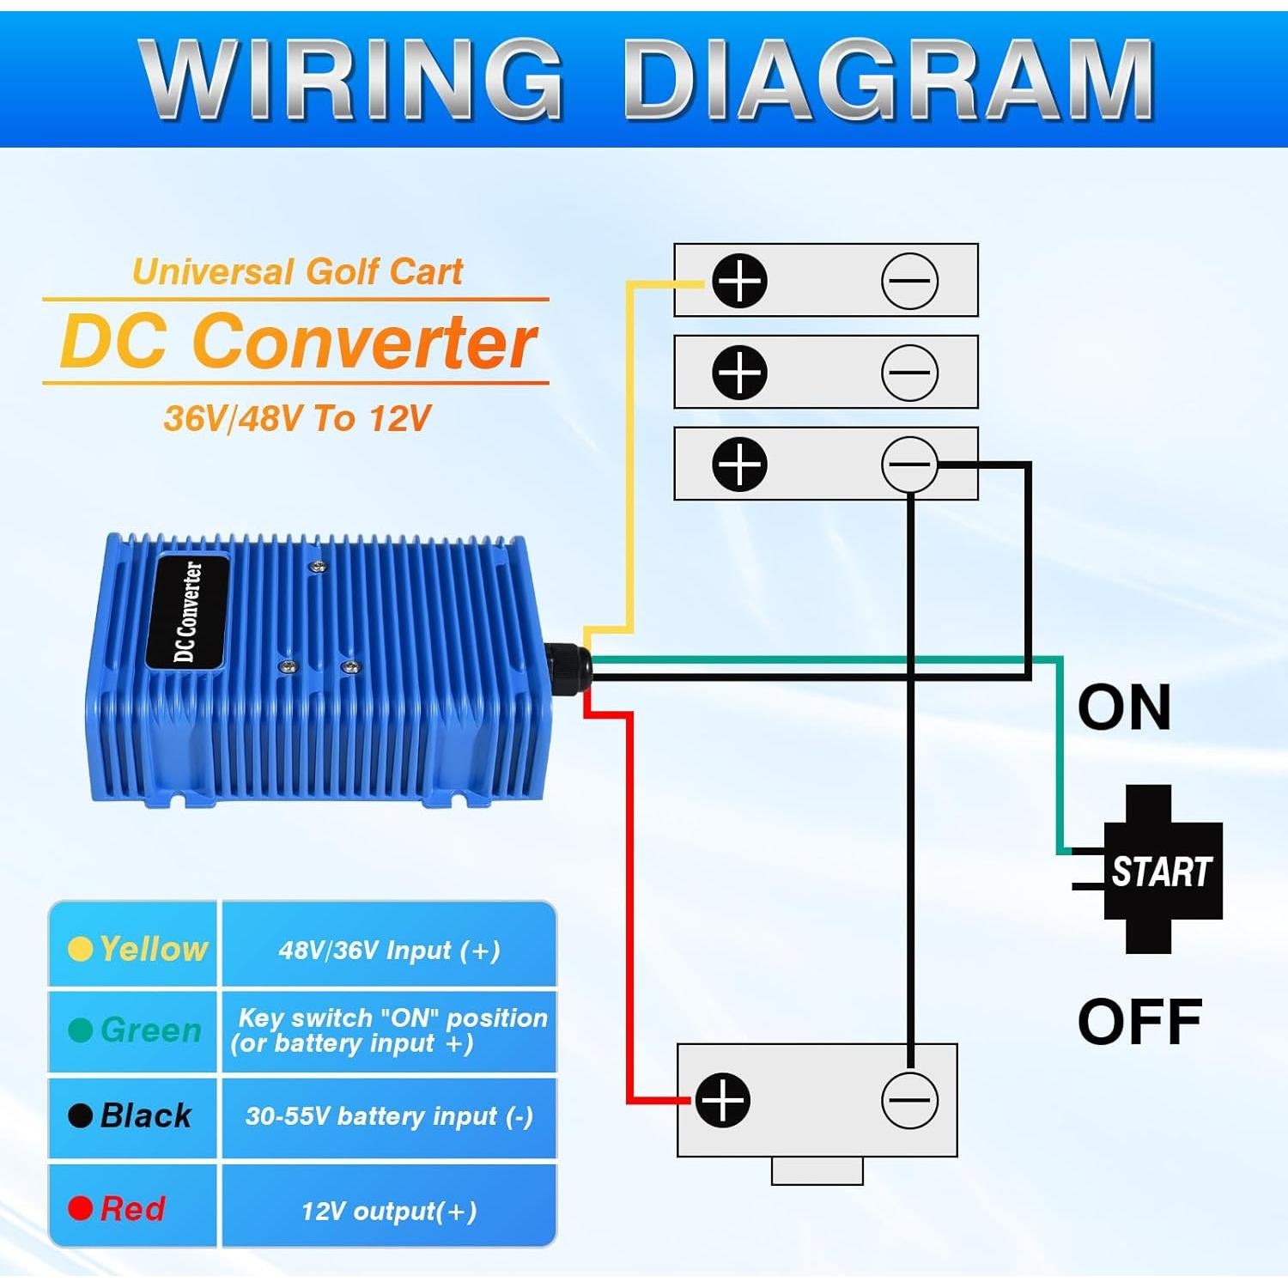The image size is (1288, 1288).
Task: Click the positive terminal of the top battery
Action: coord(739,281)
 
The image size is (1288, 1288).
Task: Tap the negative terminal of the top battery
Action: coord(909,281)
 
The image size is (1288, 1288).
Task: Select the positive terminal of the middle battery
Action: coord(739,372)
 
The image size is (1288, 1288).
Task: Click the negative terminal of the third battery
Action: coord(909,464)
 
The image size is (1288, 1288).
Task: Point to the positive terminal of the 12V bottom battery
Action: coord(723,1100)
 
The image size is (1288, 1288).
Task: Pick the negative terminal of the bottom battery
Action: coord(909,1100)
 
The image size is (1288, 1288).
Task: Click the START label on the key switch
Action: coord(1161,872)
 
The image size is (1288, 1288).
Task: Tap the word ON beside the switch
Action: coord(1124,708)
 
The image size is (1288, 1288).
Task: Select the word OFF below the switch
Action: coord(1139,1022)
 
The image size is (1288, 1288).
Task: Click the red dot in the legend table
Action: coord(81,1208)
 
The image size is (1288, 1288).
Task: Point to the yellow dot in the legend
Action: coord(80,949)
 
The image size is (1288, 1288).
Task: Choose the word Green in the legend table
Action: coord(150,1030)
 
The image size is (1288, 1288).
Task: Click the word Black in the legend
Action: coord(146,1115)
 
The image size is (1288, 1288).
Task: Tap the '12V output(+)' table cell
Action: coord(389,1211)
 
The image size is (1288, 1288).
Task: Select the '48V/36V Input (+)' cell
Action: coord(389,950)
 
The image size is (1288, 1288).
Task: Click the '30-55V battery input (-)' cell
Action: coord(389,1116)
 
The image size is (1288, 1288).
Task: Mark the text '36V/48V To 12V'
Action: coord(297,418)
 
